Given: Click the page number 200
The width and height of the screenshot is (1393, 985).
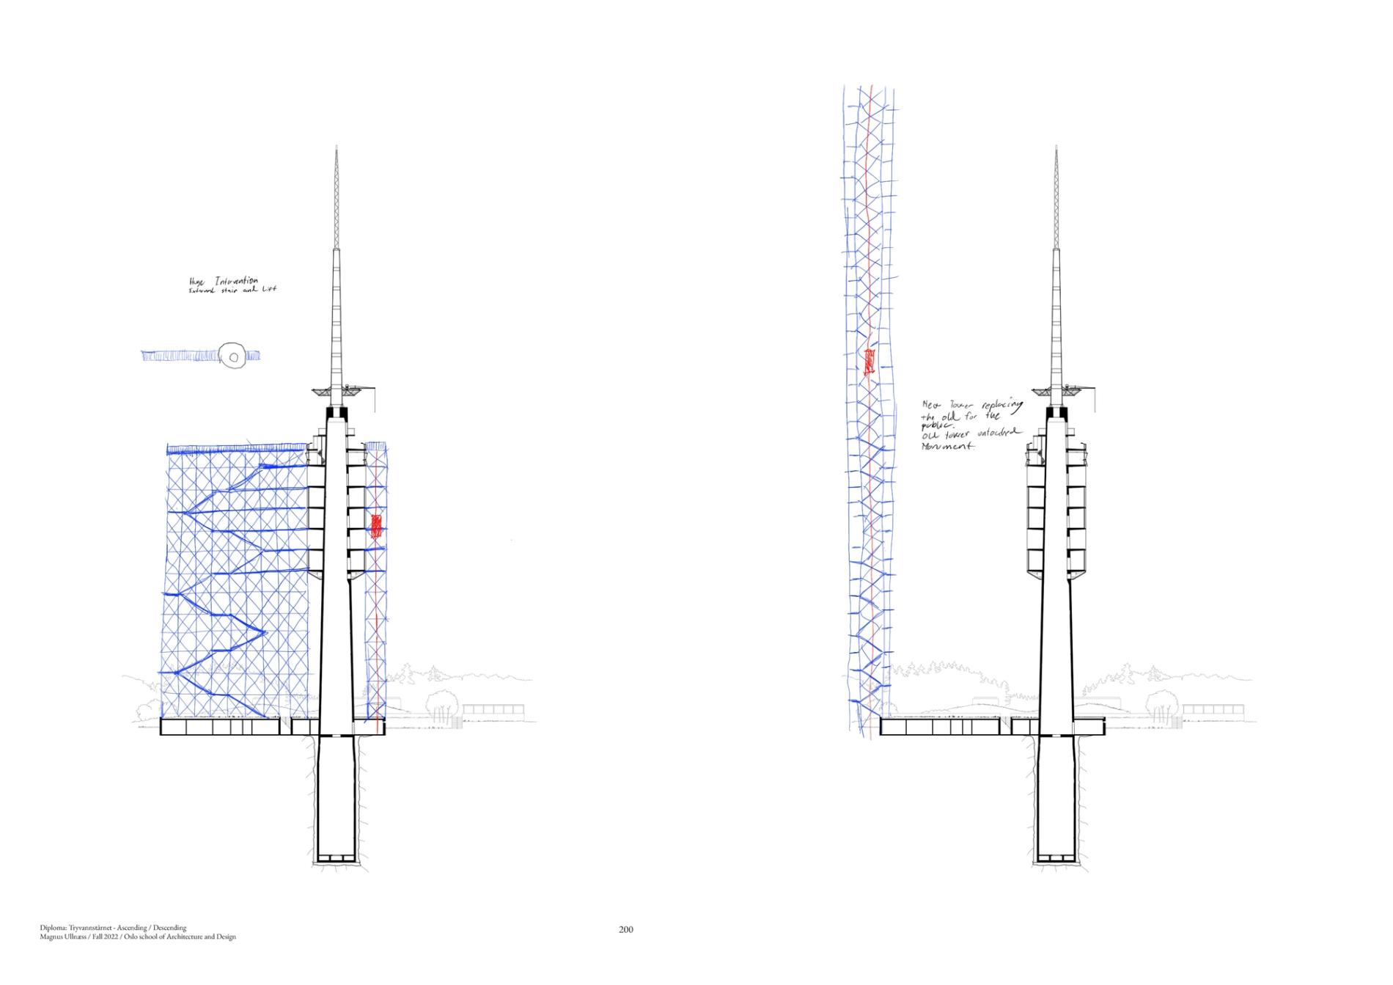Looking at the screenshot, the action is (625, 929).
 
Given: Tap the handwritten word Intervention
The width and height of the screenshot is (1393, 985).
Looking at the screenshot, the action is (236, 281).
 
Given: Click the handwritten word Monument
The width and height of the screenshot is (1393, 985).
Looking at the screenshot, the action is (949, 446).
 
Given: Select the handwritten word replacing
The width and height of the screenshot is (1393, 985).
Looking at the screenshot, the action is (1001, 408).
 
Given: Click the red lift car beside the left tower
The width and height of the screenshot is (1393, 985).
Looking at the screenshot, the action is (376, 527).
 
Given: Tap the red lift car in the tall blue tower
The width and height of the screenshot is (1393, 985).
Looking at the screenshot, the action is (870, 362).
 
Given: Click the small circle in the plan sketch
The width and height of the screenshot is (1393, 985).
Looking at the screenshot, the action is (234, 358).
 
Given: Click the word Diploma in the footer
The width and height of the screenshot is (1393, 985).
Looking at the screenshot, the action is (52, 928).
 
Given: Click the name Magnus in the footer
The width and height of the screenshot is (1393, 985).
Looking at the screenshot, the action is (53, 937).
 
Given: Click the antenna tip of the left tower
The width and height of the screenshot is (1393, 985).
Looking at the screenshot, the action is (336, 148).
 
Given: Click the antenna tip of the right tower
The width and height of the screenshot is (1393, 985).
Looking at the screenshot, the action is (1056, 148).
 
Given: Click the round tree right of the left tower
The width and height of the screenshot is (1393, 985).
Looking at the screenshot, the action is (442, 703).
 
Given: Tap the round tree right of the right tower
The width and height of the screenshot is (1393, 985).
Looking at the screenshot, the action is (1162, 703).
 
